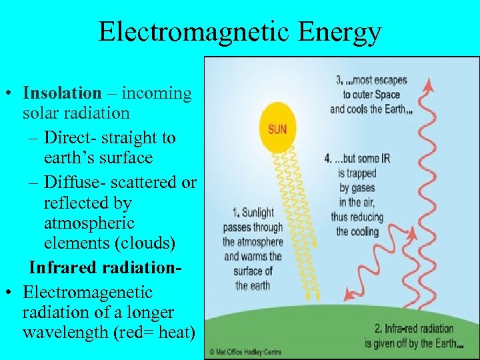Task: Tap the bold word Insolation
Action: click(62, 93)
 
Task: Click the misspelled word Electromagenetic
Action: click(87, 292)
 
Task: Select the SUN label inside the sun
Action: click(277, 129)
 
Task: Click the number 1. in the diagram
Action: click(236, 213)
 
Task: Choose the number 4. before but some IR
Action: click(328, 159)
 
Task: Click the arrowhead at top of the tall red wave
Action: click(430, 83)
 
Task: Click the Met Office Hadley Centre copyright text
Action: click(246, 351)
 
